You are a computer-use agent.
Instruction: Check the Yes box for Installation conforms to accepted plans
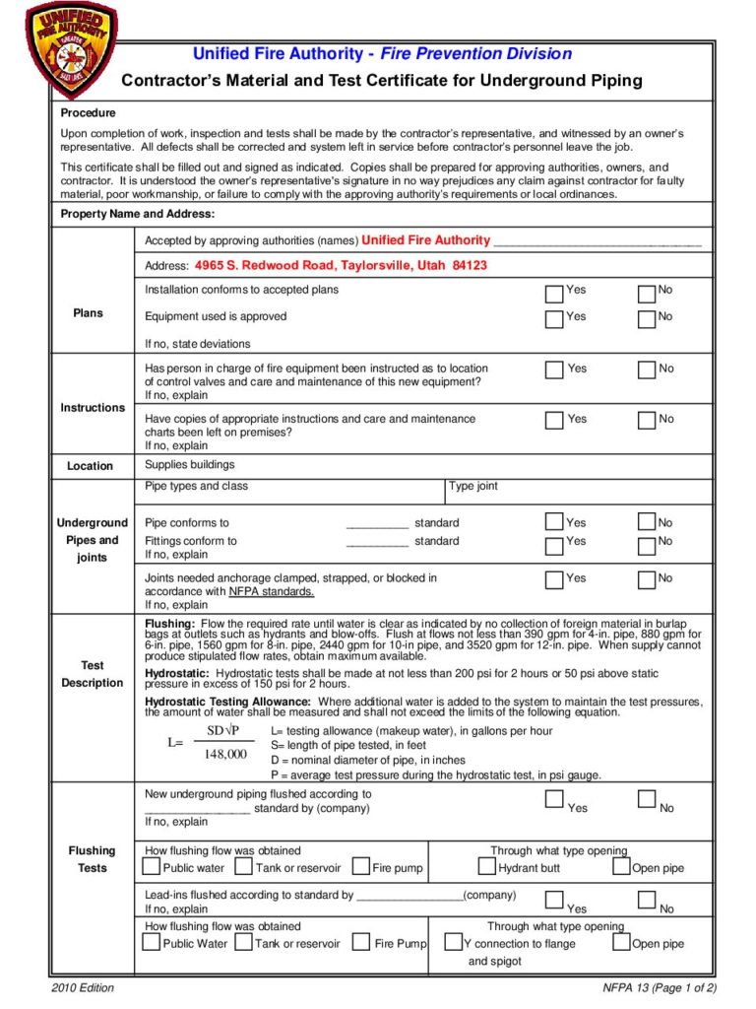pos(555,293)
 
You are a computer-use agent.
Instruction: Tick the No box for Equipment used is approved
pos(647,319)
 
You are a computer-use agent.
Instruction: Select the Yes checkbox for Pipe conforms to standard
pos(555,522)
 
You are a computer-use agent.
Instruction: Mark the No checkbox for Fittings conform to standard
pos(647,545)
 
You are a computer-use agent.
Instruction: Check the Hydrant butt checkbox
pos(487,867)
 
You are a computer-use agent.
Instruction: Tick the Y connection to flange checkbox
pos(454,943)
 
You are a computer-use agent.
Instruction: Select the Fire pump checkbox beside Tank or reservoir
pos(361,867)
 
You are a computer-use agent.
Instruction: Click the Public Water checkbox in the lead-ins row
pos(151,942)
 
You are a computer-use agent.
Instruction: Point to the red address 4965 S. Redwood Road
pos(341,266)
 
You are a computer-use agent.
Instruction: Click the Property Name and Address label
pos(138,214)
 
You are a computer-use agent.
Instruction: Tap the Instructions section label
pos(93,408)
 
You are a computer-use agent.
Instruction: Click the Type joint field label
pos(473,486)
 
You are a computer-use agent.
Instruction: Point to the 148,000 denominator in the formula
pos(225,755)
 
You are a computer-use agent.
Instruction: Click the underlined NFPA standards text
pos(272,591)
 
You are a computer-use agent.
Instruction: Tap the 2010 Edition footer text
pos(83,988)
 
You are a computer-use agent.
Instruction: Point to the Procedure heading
pos(89,113)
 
